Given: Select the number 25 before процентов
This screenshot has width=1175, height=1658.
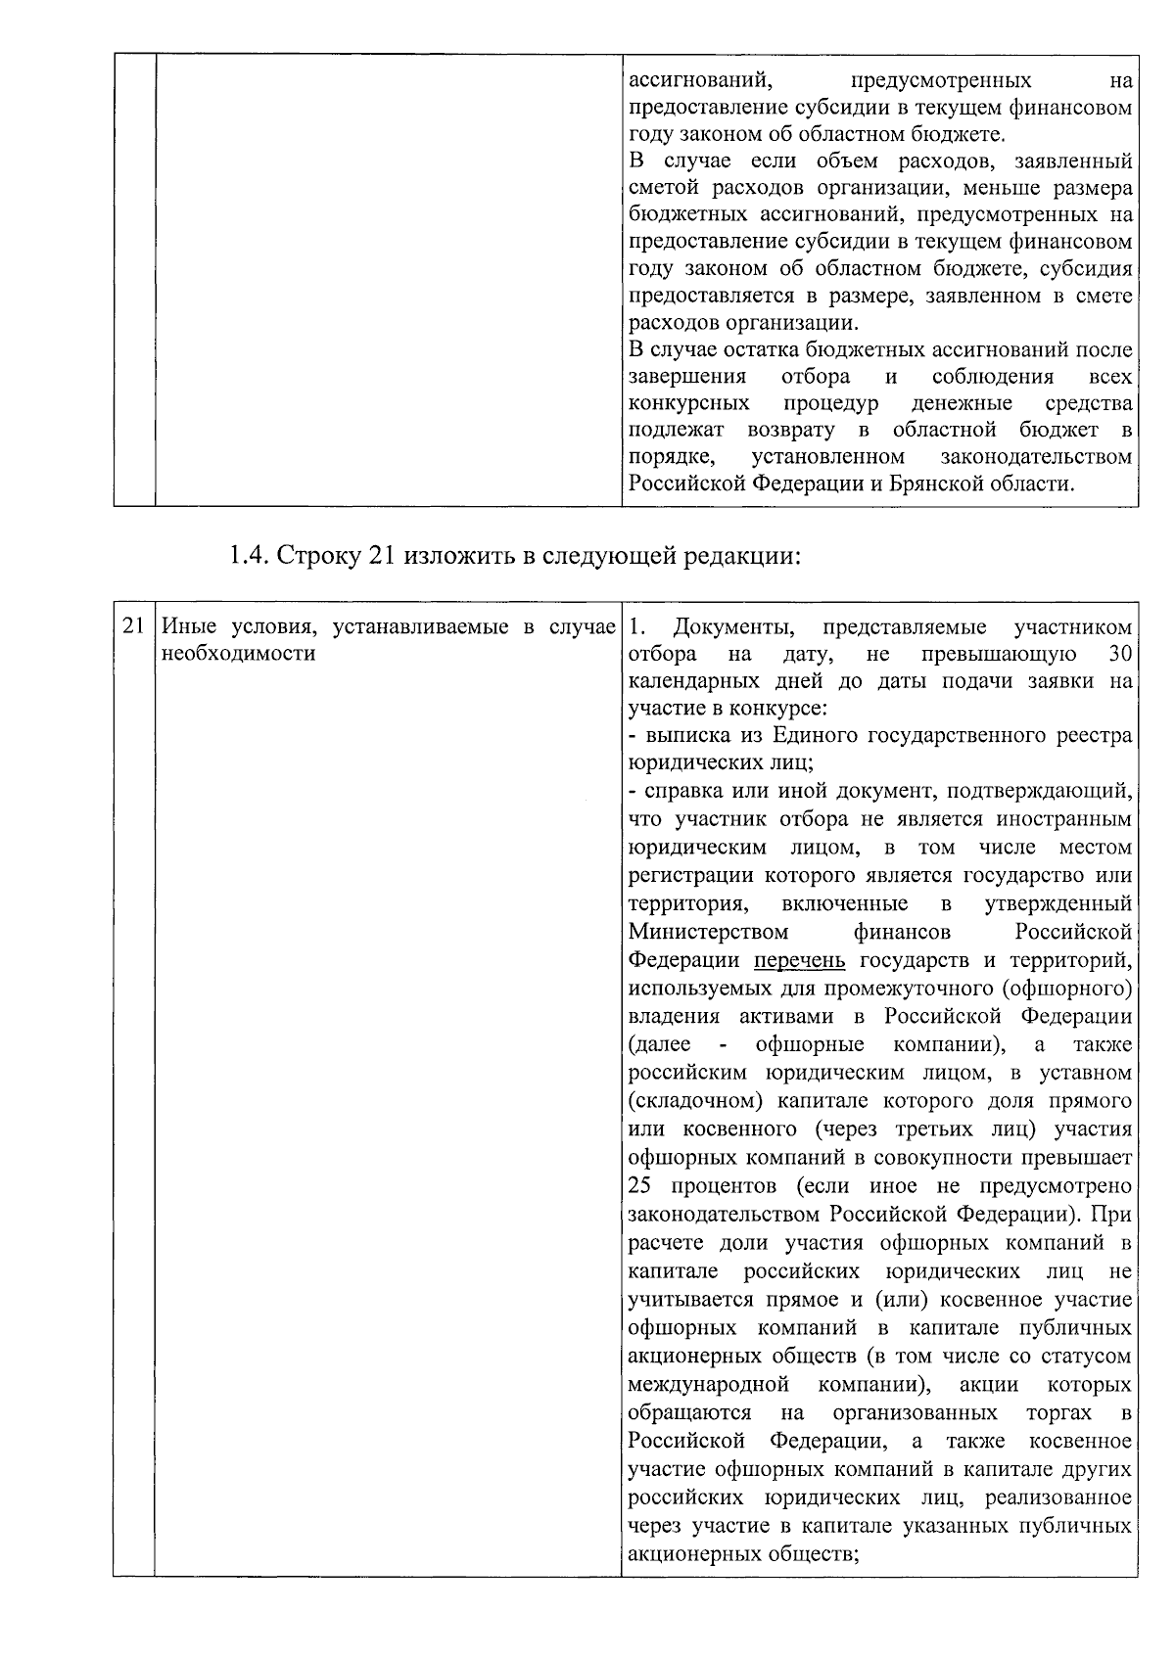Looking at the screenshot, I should pos(640,1186).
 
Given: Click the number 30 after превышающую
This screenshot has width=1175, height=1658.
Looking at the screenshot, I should pos(1119,654).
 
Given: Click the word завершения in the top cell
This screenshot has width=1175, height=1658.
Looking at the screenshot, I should pos(687,377).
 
